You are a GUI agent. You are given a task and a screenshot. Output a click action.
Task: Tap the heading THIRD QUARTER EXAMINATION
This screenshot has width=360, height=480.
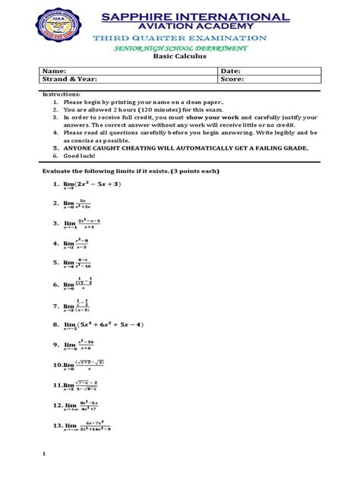179,38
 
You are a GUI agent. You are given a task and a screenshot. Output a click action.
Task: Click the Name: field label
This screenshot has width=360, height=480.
52,69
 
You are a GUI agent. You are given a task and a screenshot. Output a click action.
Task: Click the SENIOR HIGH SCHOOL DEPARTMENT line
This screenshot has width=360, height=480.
179,47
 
